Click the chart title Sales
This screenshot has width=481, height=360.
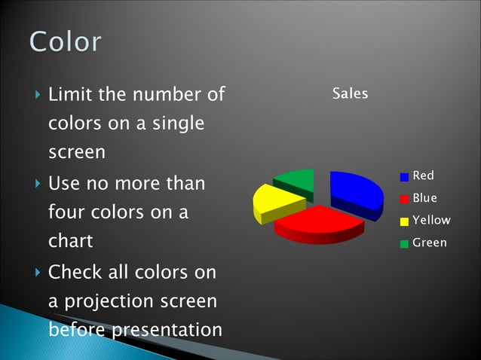pos(350,94)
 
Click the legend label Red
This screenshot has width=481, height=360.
pos(423,175)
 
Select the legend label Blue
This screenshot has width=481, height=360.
pos(424,198)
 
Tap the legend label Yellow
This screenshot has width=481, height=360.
pos(431,220)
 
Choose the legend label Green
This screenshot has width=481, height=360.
pos(429,243)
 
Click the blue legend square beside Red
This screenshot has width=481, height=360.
pos(404,177)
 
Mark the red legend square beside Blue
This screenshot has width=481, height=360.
pos(404,199)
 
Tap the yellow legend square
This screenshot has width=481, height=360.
pos(404,221)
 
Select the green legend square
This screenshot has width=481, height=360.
pos(404,243)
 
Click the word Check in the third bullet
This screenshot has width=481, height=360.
pos(72,271)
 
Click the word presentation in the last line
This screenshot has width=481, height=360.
pos(167,330)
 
